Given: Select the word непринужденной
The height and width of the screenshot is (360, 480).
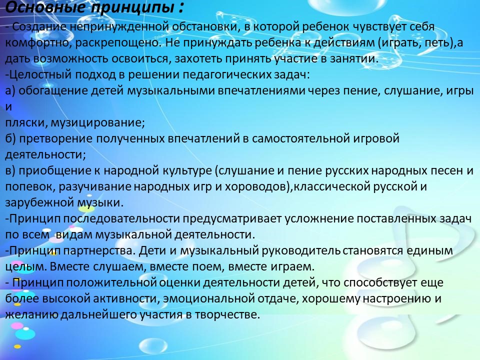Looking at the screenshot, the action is click(119, 27).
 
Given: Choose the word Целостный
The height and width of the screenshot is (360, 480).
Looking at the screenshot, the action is click(40, 74).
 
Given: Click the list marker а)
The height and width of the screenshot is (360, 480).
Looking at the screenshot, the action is click(10, 91).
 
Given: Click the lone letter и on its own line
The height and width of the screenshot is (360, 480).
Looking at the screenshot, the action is click(8, 107).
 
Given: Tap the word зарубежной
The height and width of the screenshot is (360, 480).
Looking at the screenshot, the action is click(39, 202).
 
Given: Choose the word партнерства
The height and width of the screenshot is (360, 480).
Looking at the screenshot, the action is click(99, 250).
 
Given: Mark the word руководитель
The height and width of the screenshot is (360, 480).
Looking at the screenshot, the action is click(301, 250).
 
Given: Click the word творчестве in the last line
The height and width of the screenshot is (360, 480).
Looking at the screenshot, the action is click(227, 314).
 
